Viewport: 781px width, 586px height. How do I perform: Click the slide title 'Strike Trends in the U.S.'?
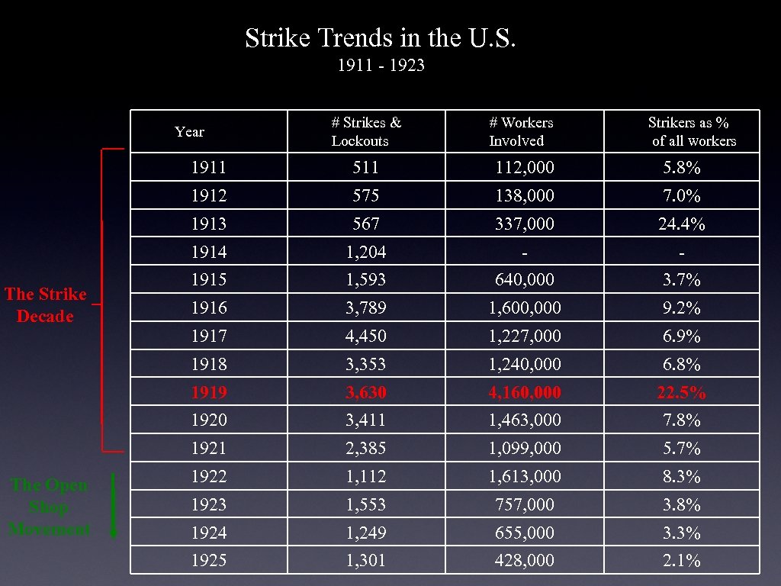[386, 38]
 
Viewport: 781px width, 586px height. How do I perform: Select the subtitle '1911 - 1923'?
[381, 66]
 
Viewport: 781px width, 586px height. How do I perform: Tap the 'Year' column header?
[189, 132]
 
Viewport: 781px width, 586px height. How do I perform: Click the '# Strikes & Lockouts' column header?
[366, 132]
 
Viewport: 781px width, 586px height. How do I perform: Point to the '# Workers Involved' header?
[522, 132]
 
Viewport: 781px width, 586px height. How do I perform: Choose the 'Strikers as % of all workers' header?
[689, 132]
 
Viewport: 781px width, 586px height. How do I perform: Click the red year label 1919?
[209, 393]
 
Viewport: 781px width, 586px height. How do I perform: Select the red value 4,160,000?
[525, 393]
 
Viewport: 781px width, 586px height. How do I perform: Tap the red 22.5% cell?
[681, 393]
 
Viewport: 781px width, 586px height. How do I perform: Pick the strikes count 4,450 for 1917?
[366, 336]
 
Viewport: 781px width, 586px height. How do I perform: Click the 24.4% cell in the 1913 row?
[681, 224]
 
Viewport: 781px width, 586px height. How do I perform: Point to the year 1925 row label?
[209, 561]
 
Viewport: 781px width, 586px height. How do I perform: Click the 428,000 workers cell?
[525, 561]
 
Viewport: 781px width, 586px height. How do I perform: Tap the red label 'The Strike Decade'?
[46, 305]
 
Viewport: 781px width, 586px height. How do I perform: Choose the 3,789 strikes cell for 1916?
[366, 308]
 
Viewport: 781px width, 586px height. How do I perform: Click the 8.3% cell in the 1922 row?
[681, 477]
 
